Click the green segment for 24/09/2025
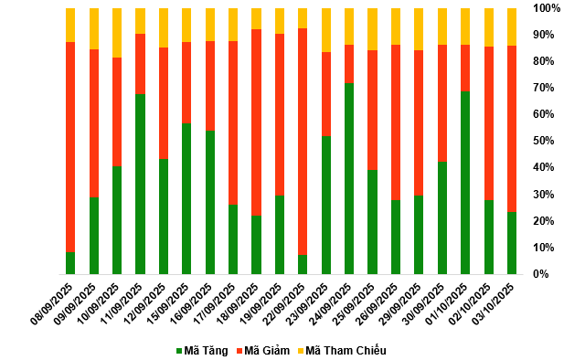pos(349,179)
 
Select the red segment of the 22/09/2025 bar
pos(303,142)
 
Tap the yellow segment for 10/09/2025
pos(117,33)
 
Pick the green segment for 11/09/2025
pos(140,185)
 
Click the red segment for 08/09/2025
pos(70,147)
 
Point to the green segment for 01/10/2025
pos(465,183)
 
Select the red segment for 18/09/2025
pos(256,122)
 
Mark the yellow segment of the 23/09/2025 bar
pos(326,30)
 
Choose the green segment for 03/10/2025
pos(512,243)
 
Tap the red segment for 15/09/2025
pos(186,83)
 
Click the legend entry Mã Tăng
pos(202,351)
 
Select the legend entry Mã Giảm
pos(263,351)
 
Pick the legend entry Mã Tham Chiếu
pos(342,351)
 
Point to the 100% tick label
pos(547,8)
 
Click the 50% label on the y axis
pos(543,141)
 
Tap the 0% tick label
pos(540,274)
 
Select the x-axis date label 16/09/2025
pos(191,303)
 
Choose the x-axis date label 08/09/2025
pos(52,303)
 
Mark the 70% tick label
pos(543,88)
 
